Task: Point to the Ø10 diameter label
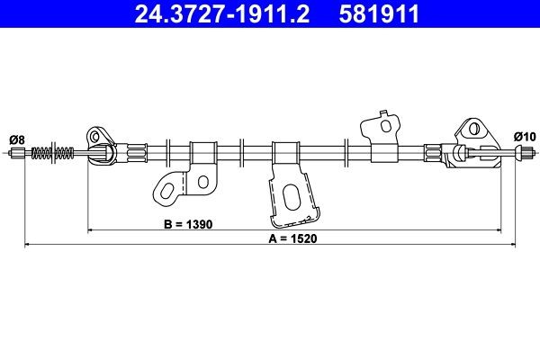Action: point(524,136)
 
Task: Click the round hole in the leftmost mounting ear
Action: point(95,136)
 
